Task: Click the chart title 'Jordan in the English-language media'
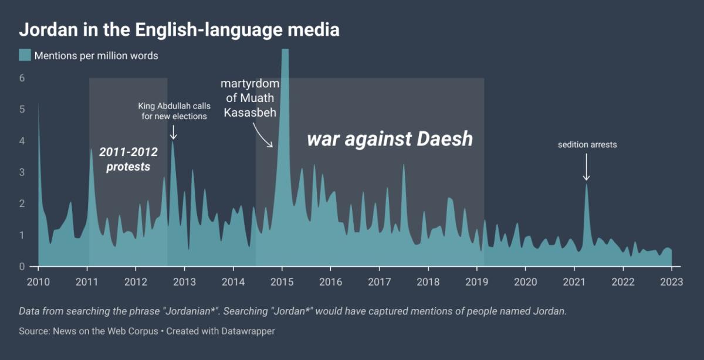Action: [179, 29]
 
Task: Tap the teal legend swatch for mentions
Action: [25, 55]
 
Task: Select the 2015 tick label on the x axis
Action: [282, 281]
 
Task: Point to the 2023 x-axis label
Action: [671, 281]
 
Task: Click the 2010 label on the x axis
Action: [38, 281]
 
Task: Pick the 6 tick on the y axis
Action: [22, 78]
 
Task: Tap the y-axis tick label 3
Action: [22, 172]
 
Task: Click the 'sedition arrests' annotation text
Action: [587, 144]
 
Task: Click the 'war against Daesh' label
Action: [390, 139]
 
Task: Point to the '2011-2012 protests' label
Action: [128, 159]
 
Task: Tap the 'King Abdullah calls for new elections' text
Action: [174, 111]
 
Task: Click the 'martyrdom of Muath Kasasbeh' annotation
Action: [251, 98]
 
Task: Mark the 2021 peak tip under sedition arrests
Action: [585, 184]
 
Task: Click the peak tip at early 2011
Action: [91, 149]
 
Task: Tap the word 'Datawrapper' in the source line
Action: [248, 331]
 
